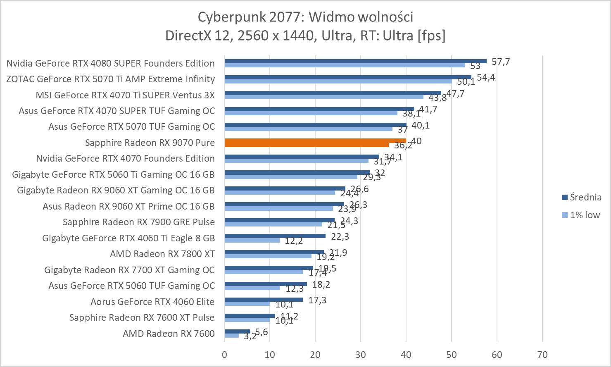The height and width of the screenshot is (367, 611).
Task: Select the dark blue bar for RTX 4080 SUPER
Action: point(355,61)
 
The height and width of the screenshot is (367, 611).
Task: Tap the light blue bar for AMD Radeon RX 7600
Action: point(231,336)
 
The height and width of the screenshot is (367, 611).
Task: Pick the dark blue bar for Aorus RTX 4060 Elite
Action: point(264,300)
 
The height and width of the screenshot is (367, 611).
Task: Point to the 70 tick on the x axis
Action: point(542,355)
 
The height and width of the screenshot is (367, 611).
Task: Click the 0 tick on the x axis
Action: point(224,355)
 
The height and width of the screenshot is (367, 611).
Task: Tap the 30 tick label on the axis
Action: point(361,355)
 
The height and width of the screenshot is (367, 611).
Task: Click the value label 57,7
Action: point(501,62)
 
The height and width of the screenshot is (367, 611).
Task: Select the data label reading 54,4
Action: point(486,77)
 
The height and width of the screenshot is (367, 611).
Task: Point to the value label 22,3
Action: point(340,236)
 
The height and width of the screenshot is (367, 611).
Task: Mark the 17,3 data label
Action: point(317,300)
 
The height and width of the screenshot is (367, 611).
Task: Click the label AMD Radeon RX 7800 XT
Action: point(162,254)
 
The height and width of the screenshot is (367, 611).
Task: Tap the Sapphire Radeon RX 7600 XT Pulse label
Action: point(142,317)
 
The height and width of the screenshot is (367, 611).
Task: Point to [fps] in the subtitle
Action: point(431,36)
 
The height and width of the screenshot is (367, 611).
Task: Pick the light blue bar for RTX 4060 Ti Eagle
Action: point(252,240)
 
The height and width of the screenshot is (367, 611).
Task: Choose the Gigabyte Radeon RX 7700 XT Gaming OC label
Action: point(129,270)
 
